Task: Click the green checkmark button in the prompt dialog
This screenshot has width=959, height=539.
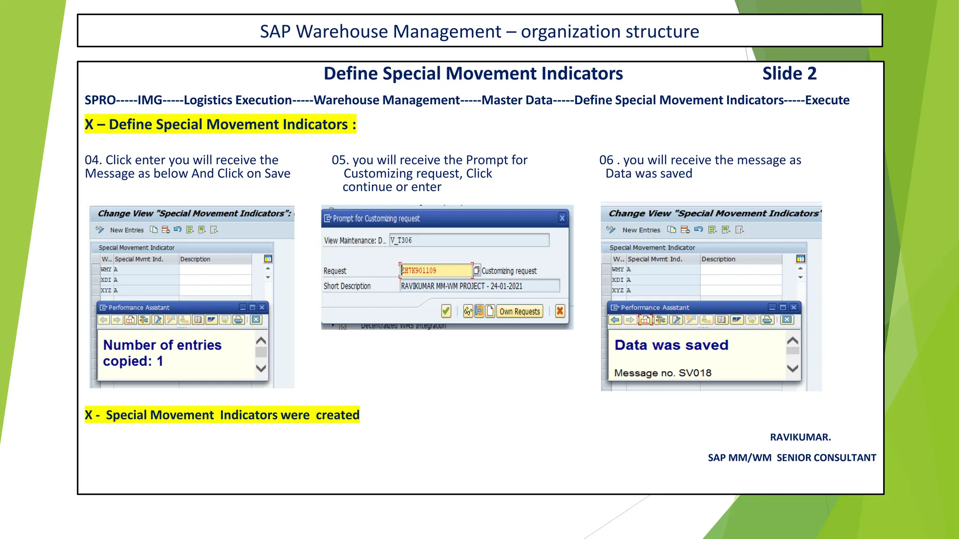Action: click(x=446, y=311)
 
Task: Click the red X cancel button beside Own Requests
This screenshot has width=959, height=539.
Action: click(x=560, y=311)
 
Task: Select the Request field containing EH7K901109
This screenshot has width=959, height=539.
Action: click(x=435, y=270)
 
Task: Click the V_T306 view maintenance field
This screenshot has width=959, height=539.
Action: click(x=468, y=240)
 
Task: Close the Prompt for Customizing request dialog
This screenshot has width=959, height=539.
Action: click(x=562, y=218)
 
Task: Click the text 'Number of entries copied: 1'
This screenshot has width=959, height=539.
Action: click(x=162, y=353)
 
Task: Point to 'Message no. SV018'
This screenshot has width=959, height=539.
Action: click(x=663, y=373)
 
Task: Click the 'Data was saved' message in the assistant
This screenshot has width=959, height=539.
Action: click(x=671, y=345)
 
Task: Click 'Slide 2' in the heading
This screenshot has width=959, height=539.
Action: click(x=789, y=73)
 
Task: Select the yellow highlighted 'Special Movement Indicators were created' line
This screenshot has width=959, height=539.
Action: click(x=222, y=415)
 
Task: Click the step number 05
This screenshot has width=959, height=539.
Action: click(x=340, y=160)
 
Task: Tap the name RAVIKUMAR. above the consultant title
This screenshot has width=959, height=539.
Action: click(x=800, y=437)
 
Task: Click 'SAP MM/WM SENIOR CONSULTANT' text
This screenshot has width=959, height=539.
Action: click(x=791, y=458)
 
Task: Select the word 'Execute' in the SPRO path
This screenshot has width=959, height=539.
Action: click(x=827, y=100)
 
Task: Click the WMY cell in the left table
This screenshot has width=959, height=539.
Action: click(x=106, y=269)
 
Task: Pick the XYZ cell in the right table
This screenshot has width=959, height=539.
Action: click(x=618, y=290)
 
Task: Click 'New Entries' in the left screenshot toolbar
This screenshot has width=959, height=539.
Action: click(x=126, y=230)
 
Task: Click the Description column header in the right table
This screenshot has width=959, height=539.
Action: click(x=718, y=259)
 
